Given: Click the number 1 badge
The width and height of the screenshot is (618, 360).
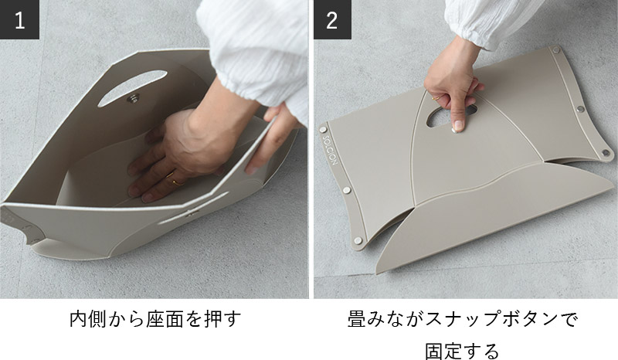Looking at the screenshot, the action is pos(19,19).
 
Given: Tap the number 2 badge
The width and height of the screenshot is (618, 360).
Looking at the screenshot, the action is pos(332,19).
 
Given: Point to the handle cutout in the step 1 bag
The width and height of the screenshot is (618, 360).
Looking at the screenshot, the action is pos(132,87).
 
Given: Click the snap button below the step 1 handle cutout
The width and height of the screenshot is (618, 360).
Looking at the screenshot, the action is pos(134,98).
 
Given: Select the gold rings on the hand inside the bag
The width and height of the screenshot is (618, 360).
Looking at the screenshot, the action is pos(173,179).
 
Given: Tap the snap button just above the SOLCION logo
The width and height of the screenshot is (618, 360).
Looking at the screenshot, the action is pos(323,129).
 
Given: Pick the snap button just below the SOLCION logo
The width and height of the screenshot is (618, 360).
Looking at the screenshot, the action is pos(346,190).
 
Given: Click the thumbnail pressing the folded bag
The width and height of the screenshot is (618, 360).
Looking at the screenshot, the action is pos(457,126).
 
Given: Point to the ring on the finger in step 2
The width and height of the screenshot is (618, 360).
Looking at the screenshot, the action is pos(435,99).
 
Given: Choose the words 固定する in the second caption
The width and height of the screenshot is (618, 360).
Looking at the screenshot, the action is pos(462,351).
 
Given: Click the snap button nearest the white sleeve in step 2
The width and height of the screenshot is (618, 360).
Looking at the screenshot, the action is pos(556,49).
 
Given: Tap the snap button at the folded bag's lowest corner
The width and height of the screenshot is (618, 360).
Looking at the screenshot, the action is pos(358,240).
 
